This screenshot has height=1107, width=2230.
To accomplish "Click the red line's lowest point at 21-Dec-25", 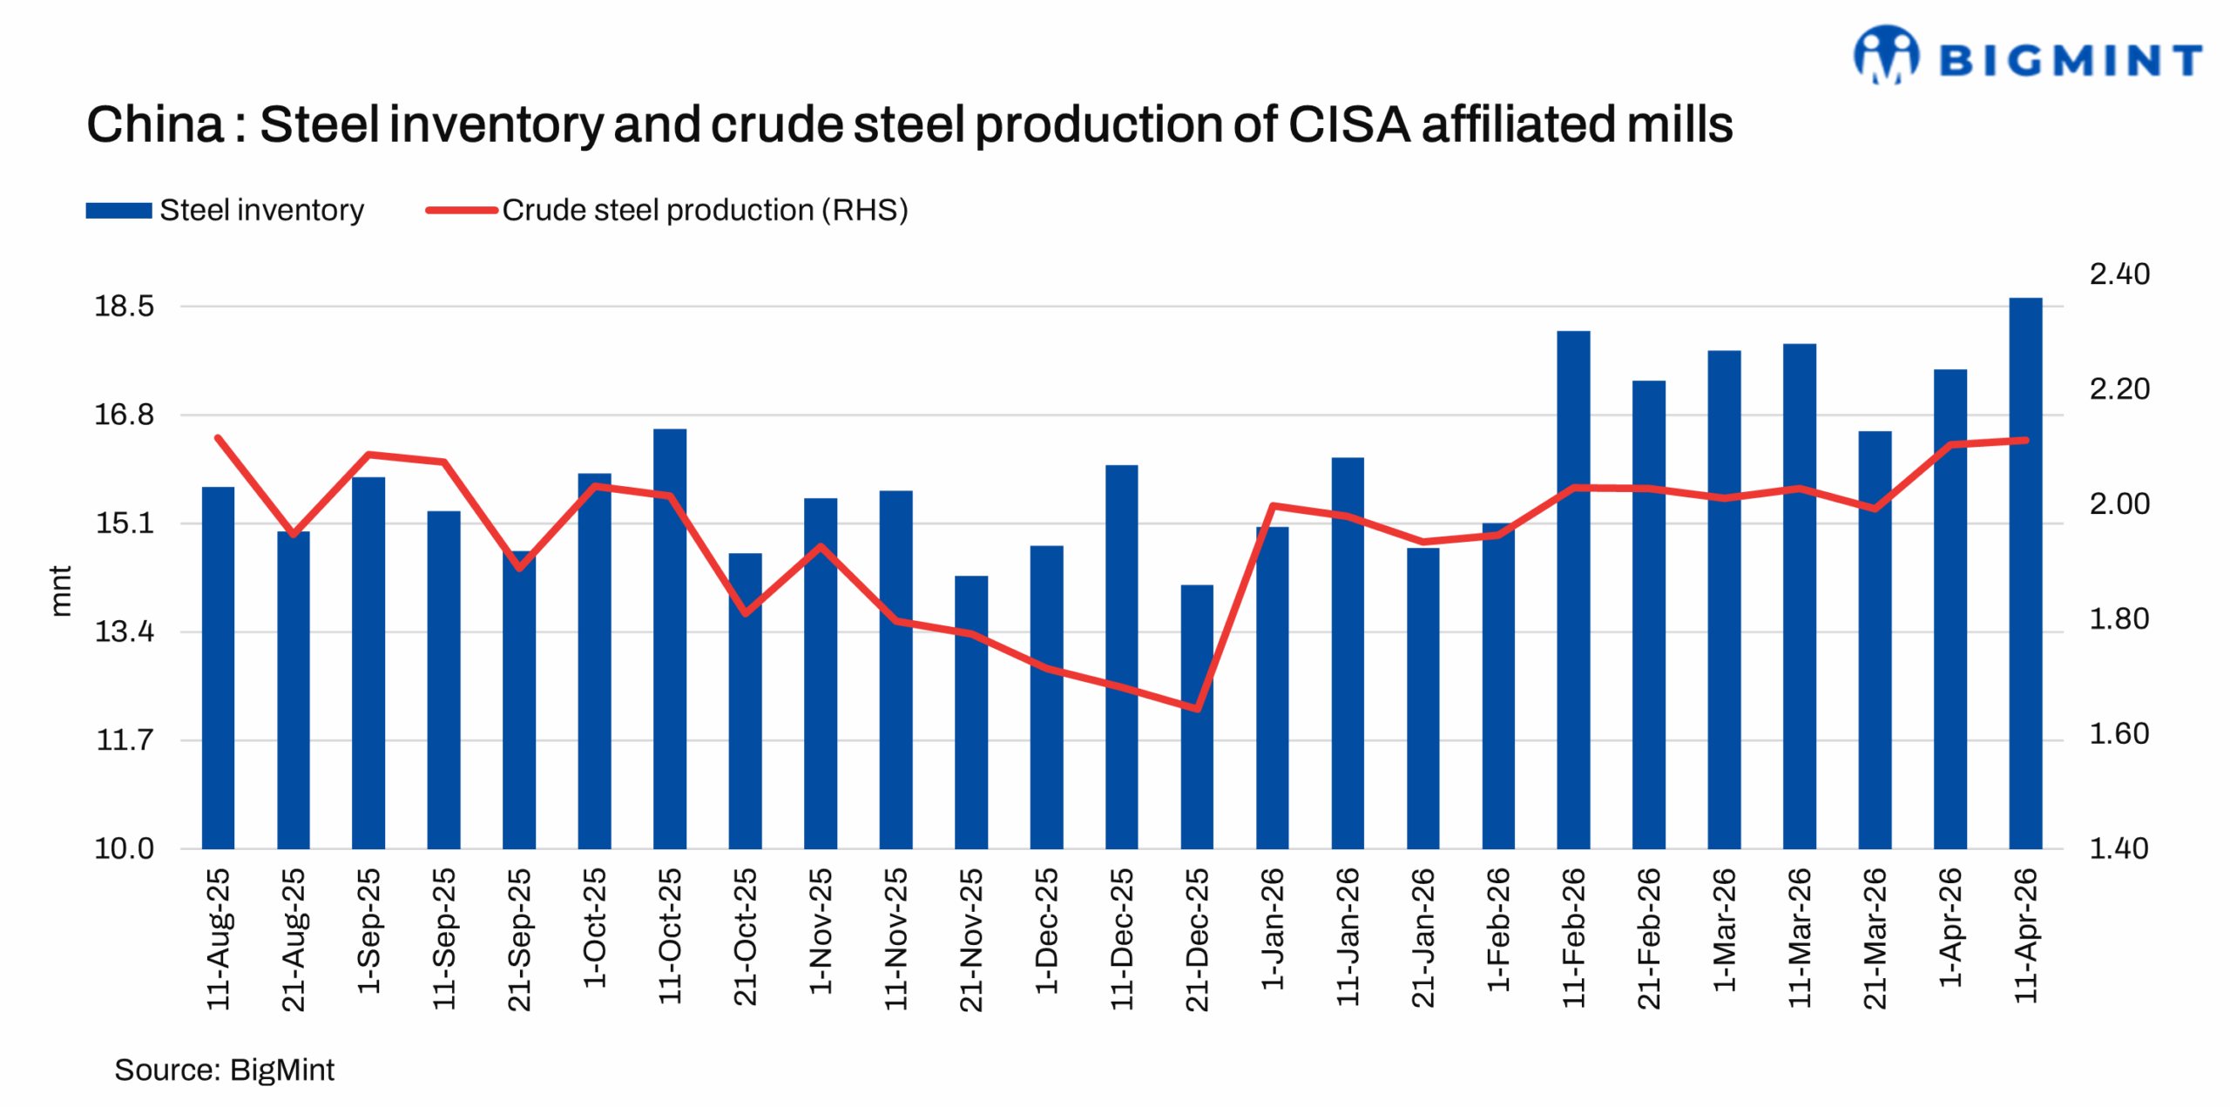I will [1196, 708].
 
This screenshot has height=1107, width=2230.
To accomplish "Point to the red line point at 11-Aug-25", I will [218, 437].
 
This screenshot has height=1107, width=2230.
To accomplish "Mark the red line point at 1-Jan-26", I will [1272, 505].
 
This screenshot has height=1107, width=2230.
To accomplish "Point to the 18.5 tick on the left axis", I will [124, 307].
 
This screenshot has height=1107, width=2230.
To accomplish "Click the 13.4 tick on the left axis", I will [124, 631].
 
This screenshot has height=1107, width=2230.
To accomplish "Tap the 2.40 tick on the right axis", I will [2118, 274].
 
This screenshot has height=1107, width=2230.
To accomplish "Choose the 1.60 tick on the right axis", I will [2118, 734].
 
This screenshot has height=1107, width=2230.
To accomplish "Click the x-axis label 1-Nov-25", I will [820, 930].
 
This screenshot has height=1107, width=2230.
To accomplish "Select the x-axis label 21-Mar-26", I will [1874, 938].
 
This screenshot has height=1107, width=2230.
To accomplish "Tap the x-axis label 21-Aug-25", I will [294, 939].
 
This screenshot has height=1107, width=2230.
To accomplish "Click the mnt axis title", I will [59, 591].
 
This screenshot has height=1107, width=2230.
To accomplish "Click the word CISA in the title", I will [1348, 125].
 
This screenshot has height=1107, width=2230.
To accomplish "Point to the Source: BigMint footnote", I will [224, 1070].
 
